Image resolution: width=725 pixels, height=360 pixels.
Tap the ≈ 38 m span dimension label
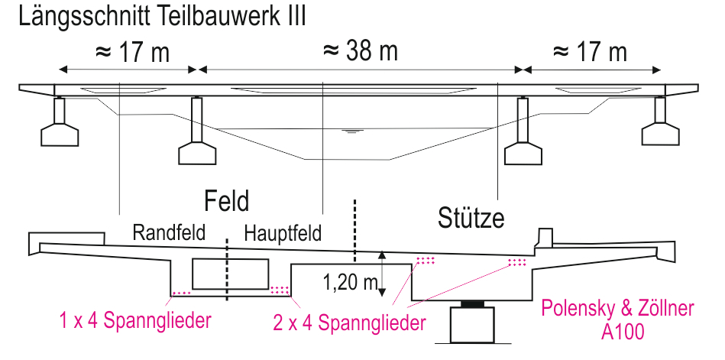coord(360,51)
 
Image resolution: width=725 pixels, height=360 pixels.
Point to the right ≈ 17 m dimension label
coord(590,52)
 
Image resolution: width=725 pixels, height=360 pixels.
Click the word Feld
coord(227,201)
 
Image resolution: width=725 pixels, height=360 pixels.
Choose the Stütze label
coord(471,218)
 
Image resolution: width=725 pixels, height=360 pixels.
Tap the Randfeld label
coord(169,232)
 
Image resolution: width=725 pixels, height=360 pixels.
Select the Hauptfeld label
coord(283,233)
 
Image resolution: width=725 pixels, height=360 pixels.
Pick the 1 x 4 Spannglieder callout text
coord(135,320)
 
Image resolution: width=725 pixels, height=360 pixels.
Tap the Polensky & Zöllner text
coord(618,309)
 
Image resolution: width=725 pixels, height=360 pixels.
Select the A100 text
coord(623,332)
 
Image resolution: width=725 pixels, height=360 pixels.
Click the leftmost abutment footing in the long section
coord(60,135)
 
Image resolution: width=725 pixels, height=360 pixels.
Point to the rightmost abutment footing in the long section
coord(660,134)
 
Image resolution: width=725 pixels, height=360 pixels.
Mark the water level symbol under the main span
coord(352,131)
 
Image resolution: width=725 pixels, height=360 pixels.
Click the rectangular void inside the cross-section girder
coord(230,274)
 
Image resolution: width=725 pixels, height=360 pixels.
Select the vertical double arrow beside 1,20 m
coord(381,274)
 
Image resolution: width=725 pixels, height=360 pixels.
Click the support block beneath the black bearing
coord(473,325)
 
